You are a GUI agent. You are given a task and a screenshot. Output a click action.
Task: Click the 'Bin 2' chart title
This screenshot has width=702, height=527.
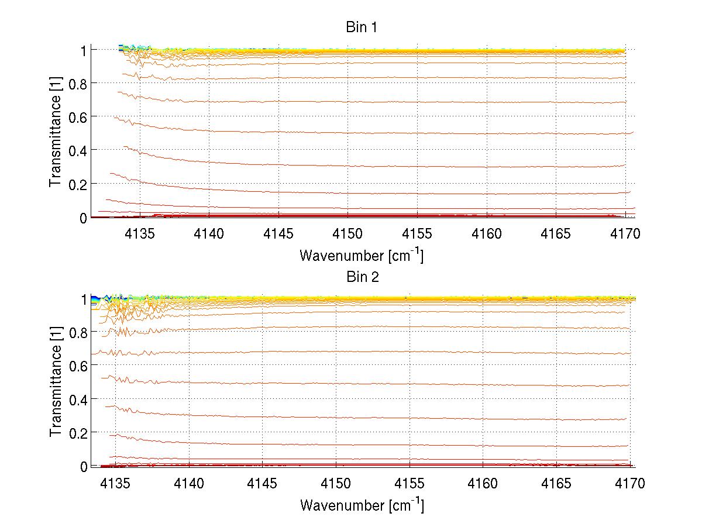coord(363,277)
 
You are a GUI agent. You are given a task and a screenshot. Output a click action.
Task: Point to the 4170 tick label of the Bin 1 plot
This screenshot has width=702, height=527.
coord(625,234)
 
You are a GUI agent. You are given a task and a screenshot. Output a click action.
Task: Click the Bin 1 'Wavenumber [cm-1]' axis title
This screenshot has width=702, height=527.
coord(362,255)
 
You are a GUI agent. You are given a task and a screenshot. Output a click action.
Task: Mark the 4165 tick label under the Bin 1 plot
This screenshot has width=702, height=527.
coord(556,234)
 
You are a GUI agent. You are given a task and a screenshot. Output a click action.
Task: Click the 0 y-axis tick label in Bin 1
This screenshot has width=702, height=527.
coord(83,218)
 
